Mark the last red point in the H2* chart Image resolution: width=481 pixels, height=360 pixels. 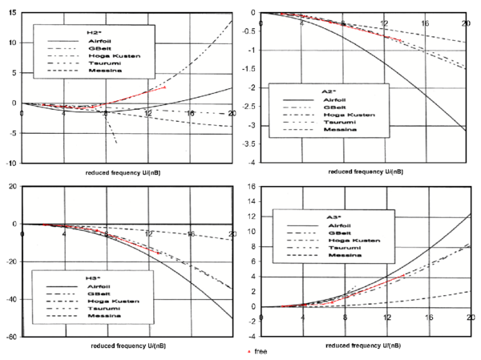[166, 87]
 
